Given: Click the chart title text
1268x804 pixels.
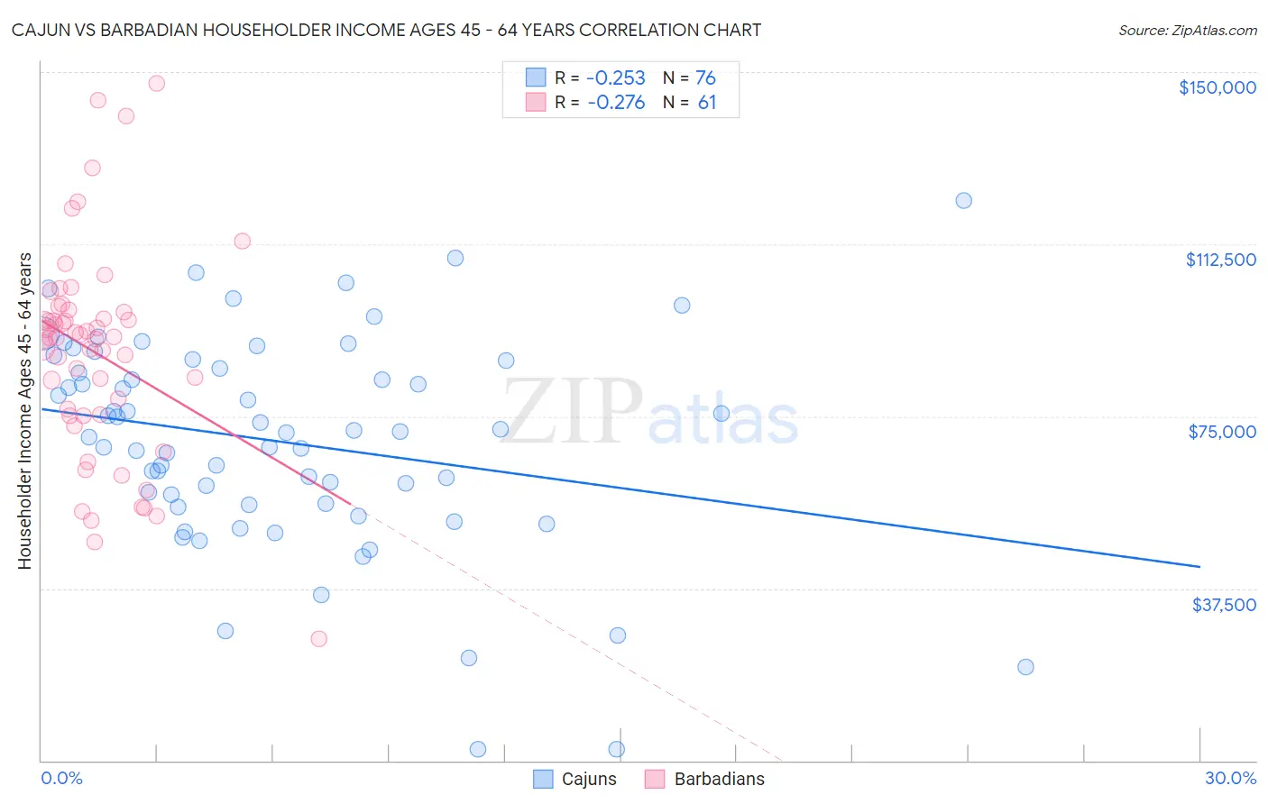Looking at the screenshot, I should (386, 30).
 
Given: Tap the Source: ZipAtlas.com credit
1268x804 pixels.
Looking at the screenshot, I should (1187, 30).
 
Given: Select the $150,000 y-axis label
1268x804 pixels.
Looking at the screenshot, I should (1217, 87).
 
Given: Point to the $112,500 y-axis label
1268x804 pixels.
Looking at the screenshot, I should (1220, 260).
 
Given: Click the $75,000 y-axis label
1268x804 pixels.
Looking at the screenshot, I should (1222, 432).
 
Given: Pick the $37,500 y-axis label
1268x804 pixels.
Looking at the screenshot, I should (1223, 605).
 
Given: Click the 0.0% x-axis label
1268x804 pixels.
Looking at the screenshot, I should (61, 778).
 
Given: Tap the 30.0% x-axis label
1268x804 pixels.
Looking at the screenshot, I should (1230, 778).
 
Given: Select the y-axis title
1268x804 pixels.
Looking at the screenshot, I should (24, 411).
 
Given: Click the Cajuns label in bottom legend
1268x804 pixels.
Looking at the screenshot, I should (589, 779).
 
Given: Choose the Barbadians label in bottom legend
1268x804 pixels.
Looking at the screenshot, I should (719, 779).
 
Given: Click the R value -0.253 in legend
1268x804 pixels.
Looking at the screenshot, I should (616, 78).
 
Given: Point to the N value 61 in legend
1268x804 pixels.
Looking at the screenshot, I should (707, 103).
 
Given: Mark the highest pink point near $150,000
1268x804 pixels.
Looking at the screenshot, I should (156, 83).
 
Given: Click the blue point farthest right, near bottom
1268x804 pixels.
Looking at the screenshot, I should (1025, 667).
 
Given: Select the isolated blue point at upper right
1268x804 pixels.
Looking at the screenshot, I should (963, 200).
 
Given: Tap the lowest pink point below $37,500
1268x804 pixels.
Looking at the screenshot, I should (318, 638).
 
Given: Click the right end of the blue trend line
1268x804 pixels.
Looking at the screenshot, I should (1199, 566).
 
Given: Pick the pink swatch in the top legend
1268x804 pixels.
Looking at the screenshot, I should (536, 102).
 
